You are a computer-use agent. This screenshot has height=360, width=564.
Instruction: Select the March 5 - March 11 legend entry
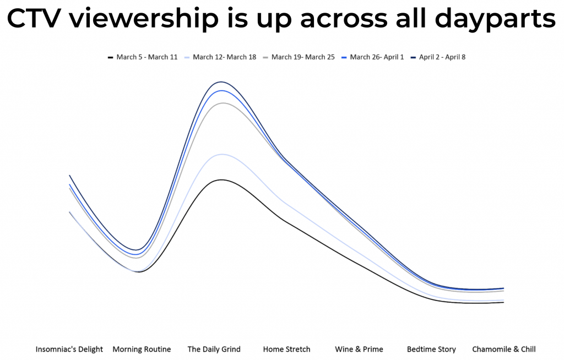pyautogui.click(x=143, y=57)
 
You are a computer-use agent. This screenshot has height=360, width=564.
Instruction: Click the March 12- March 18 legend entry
pyautogui.click(x=220, y=57)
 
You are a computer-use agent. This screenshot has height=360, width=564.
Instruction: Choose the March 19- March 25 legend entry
pyautogui.click(x=299, y=57)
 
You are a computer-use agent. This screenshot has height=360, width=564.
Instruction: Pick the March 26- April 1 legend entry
pyautogui.click(x=373, y=57)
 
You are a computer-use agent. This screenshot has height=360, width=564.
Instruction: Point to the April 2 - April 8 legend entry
pyautogui.click(x=438, y=57)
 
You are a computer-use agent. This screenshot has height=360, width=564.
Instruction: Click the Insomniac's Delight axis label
pyautogui.click(x=69, y=349)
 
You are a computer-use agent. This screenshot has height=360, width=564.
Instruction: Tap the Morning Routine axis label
pyautogui.click(x=142, y=349)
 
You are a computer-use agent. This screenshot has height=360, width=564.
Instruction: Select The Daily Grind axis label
pyautogui.click(x=214, y=349)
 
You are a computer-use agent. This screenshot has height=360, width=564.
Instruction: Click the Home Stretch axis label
pyautogui.click(x=286, y=349)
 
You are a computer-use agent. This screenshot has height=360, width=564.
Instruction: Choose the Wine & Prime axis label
pyautogui.click(x=359, y=349)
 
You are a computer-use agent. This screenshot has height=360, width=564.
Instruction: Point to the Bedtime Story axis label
pyautogui.click(x=431, y=349)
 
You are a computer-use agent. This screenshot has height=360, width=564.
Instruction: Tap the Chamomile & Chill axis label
pyautogui.click(x=504, y=349)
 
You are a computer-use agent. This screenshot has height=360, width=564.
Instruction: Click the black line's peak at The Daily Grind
pyautogui.click(x=221, y=180)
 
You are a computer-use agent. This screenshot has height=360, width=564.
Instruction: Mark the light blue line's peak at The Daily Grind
pyautogui.click(x=223, y=154)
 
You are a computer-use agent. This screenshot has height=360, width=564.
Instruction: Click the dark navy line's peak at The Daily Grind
pyautogui.click(x=221, y=82)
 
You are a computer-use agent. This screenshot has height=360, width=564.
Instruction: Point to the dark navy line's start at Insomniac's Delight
pyautogui.click(x=69, y=176)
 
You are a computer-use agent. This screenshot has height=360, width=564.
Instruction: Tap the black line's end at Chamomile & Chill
pyautogui.click(x=503, y=302)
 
